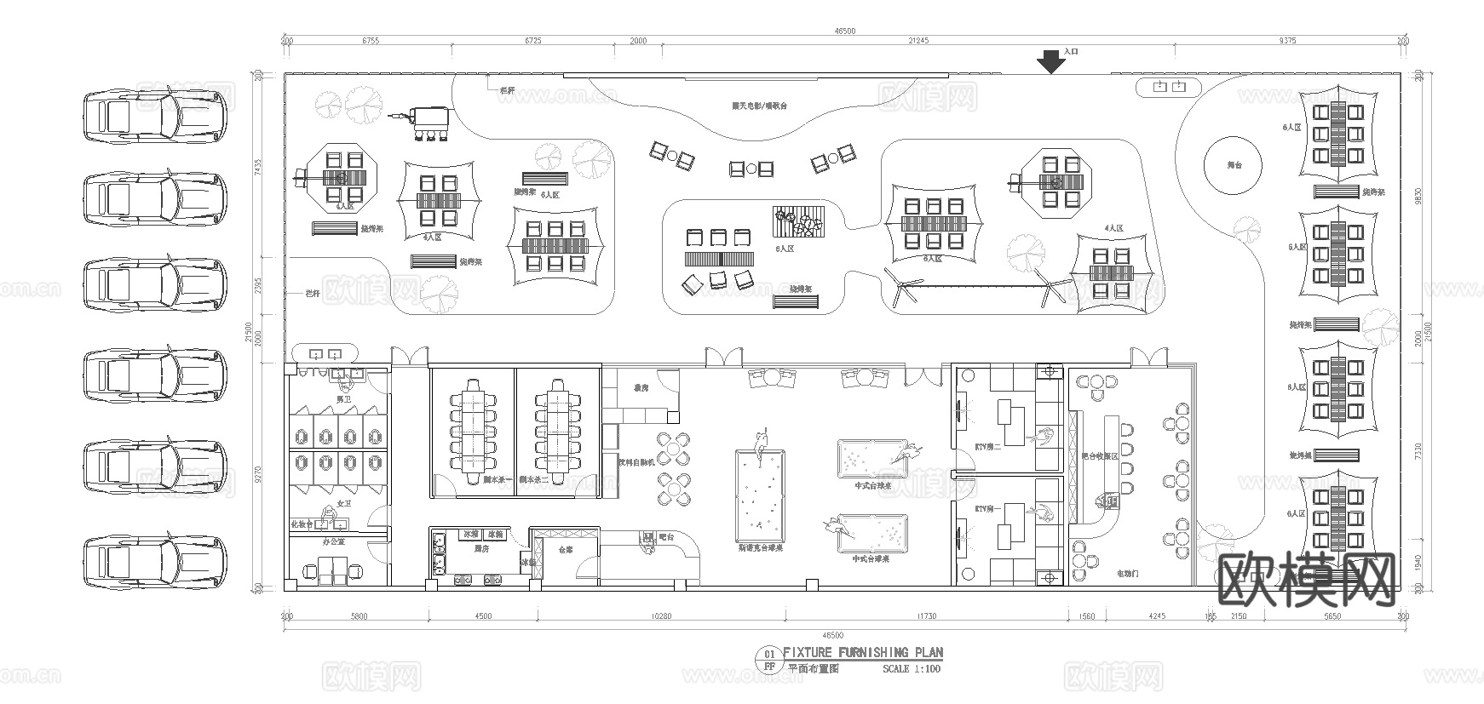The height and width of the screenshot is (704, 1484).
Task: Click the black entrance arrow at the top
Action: [x=1051, y=62]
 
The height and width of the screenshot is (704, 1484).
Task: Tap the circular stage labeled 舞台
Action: [x=1234, y=165]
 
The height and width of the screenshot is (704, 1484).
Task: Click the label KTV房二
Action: [x=987, y=445]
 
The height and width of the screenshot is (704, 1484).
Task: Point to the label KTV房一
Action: [x=987, y=508]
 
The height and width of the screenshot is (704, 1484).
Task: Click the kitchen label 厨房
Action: [x=480, y=549]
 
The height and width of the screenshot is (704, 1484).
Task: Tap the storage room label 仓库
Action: [x=565, y=550]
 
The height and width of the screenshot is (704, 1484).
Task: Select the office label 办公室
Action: [x=332, y=541]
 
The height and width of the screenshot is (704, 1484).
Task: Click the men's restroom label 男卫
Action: [x=343, y=398]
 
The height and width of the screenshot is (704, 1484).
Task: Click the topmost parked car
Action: [x=155, y=117]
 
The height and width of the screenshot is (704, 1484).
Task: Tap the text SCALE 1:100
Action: [x=912, y=668]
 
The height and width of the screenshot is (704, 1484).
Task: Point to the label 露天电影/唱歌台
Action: [x=759, y=106]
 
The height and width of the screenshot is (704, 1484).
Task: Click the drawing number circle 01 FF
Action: [x=768, y=660]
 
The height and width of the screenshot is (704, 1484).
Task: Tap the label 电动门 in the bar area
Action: [x=1128, y=574]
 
